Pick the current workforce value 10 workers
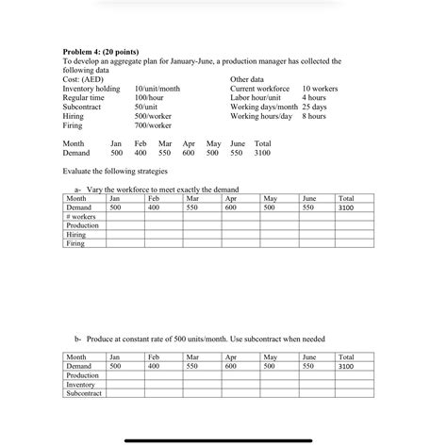coord(322,89)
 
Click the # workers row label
coord(83,217)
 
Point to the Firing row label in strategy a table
coord(75,243)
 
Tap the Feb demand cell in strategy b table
coord(154,366)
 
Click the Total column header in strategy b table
coord(346,357)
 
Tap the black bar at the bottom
coord(223,439)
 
